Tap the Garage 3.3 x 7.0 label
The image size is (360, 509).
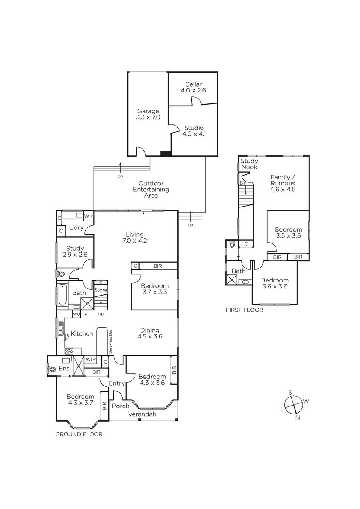coord(148,114)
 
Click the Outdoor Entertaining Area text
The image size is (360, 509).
coord(151,189)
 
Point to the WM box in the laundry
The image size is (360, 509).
coord(89,215)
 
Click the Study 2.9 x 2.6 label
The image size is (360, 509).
coord(75,251)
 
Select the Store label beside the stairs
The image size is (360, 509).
coord(101,290)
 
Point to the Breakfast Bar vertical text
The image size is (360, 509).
coord(110,341)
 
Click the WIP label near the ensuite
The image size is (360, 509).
coord(90,360)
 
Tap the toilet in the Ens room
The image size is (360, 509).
coord(52,369)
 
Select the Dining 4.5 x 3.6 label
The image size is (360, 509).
coord(149,333)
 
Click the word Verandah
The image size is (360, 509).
coord(142,414)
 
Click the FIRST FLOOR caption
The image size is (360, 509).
coord(244,310)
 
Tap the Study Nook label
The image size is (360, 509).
coord(249,164)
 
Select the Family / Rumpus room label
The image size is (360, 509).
coord(283,183)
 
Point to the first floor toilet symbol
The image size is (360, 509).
coord(232,244)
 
